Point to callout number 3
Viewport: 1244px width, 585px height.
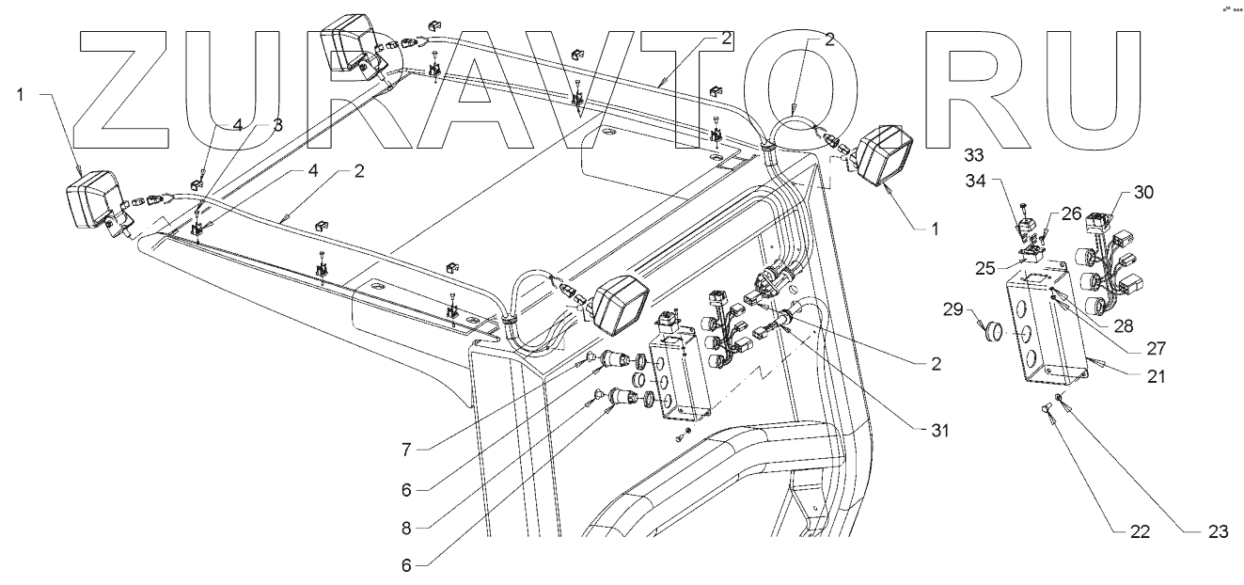pyautogui.click(x=277, y=124)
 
